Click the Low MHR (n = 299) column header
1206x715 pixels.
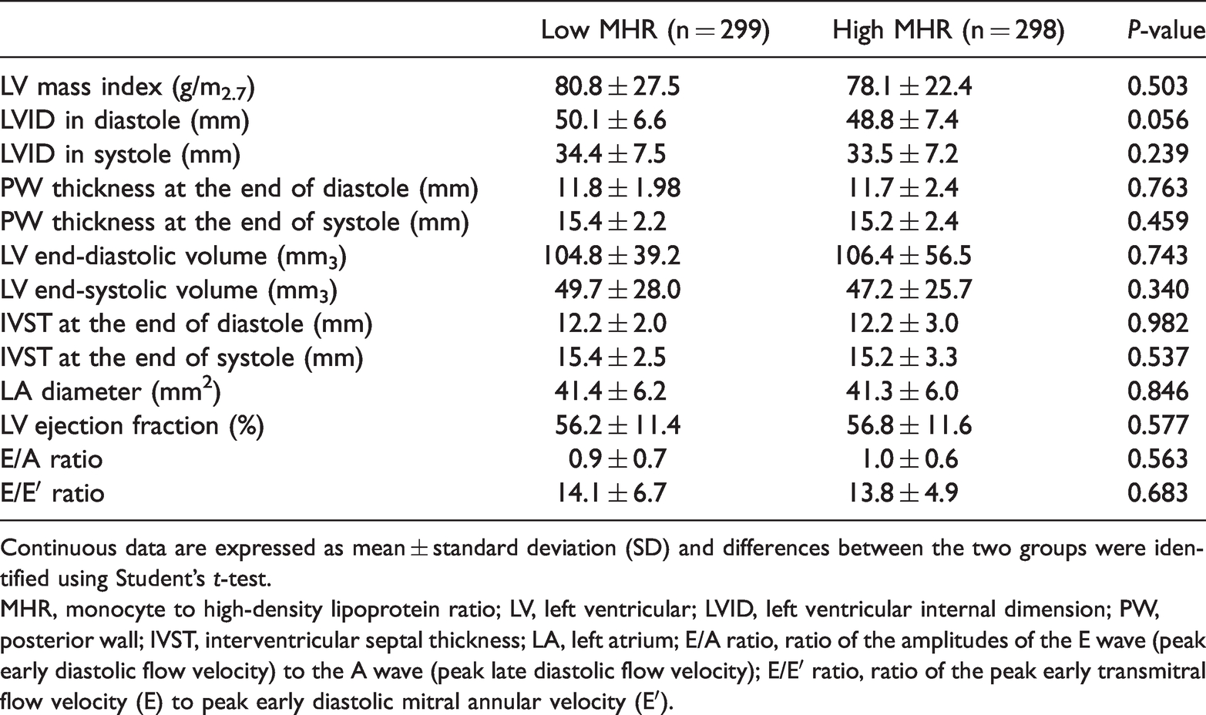pyautogui.click(x=655, y=29)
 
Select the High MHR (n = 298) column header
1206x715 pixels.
pyautogui.click(x=949, y=29)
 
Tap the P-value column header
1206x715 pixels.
pyautogui.click(x=1166, y=29)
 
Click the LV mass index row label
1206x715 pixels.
pyautogui.click(x=128, y=88)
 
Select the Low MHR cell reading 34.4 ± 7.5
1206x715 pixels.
pyautogui.click(x=610, y=154)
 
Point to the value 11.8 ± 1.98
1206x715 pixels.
pyautogui.click(x=618, y=188)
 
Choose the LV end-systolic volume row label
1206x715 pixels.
pyautogui.click(x=169, y=290)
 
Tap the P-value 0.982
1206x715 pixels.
pyautogui.click(x=1157, y=323)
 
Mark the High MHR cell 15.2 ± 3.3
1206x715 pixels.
pyautogui.click(x=903, y=357)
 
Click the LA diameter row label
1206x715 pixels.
pyautogui.click(x=111, y=391)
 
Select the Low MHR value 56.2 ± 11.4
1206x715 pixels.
pyautogui.click(x=618, y=425)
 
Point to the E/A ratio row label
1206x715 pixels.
pyautogui.click(x=52, y=459)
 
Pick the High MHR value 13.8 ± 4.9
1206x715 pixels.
pyautogui.click(x=903, y=492)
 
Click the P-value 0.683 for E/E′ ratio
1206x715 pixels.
pyautogui.click(x=1157, y=492)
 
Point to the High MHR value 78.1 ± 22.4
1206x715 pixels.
pyautogui.click(x=909, y=86)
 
